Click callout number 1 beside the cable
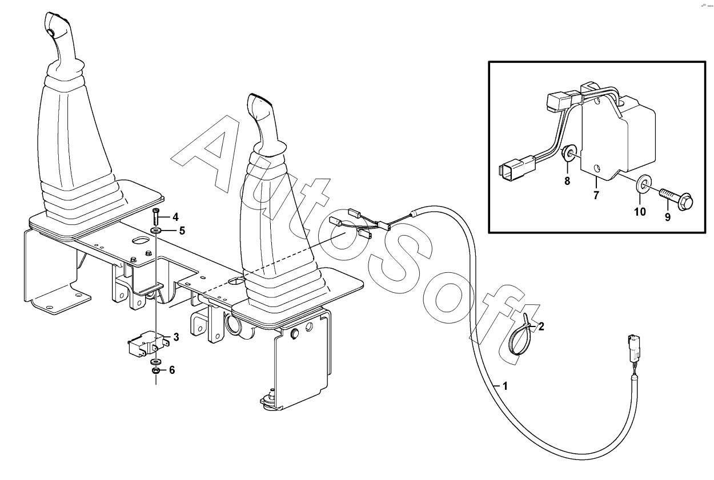(x=504, y=386)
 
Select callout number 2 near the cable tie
(x=541, y=327)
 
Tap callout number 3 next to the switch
(x=176, y=338)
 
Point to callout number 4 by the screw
(x=175, y=217)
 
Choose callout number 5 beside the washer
(x=182, y=231)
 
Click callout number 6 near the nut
(x=171, y=370)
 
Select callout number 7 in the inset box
(x=596, y=196)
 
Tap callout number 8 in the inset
(x=567, y=181)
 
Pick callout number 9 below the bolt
(x=667, y=217)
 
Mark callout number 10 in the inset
(x=640, y=212)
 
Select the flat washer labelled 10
(x=643, y=184)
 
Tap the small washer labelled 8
(x=569, y=154)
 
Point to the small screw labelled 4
(x=156, y=217)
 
